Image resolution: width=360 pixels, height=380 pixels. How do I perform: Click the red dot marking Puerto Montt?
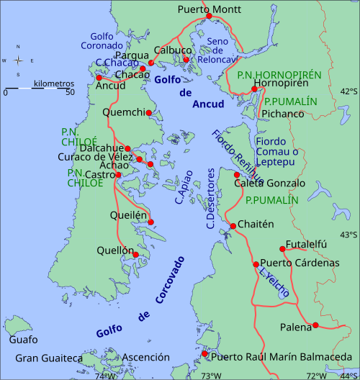click(x=209, y=16)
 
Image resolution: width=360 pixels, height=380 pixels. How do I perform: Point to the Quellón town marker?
click(x=135, y=254)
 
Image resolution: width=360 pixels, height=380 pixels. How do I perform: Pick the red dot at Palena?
click(x=315, y=326)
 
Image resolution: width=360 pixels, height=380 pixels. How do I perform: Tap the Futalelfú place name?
click(x=306, y=244)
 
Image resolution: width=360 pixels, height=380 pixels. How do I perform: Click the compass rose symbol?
click(x=19, y=61)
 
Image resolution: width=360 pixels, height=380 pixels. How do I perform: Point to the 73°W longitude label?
click(x=210, y=375)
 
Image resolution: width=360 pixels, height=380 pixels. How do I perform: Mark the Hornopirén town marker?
click(x=254, y=90)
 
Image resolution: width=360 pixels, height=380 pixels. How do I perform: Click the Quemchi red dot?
click(x=150, y=112)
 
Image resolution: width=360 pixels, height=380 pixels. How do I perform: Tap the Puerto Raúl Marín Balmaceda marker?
click(x=205, y=353)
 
